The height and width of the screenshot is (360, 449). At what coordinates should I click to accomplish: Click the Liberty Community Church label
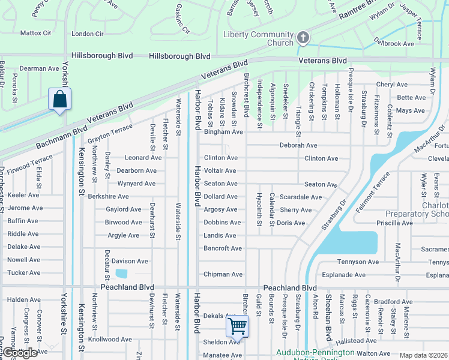258,38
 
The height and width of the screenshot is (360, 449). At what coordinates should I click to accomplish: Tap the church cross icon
304,39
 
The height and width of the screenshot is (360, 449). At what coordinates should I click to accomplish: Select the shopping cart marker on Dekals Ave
238,327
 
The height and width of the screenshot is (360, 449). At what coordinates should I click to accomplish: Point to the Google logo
19,353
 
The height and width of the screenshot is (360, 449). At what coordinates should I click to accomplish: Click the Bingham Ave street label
223,132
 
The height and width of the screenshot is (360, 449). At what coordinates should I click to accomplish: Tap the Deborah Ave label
298,145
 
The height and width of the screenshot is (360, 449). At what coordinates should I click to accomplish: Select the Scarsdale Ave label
301,197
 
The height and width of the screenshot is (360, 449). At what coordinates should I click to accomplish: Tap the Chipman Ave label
223,274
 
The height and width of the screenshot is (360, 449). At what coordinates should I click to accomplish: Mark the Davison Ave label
130,261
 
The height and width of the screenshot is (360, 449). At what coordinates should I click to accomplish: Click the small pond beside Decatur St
121,274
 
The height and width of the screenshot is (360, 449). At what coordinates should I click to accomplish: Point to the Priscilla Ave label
391,223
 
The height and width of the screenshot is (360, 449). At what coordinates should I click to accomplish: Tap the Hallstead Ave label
356,340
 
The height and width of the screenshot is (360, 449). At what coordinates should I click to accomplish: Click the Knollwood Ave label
110,339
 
